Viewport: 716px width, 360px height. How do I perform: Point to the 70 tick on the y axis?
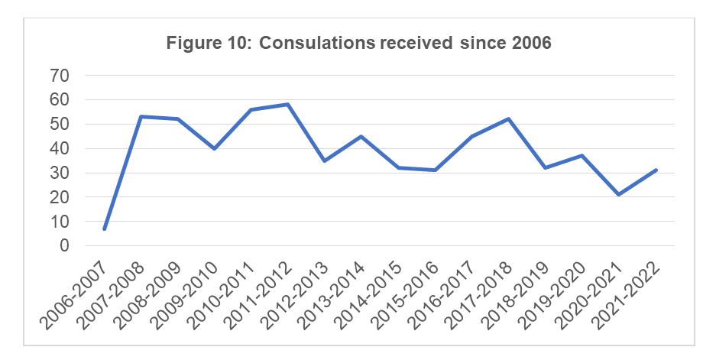[60, 76]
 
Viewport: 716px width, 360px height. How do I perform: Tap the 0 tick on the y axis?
[64, 246]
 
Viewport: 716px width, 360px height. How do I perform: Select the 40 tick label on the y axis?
[60, 148]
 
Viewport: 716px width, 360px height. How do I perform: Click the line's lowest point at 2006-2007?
[105, 229]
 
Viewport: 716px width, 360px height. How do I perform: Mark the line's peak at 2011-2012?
[287, 104]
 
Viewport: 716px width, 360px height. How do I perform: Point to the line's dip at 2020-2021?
[618, 194]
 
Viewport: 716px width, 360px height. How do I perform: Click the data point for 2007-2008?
[141, 116]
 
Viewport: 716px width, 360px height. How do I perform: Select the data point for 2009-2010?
[214, 148]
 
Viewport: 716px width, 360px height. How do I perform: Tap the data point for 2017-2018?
[508, 118]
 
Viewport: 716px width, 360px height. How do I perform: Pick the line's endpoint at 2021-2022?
[655, 170]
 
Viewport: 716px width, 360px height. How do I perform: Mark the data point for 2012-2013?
[325, 161]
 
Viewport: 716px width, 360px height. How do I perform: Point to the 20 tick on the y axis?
[60, 197]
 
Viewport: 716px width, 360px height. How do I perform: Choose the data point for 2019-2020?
[582, 155]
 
